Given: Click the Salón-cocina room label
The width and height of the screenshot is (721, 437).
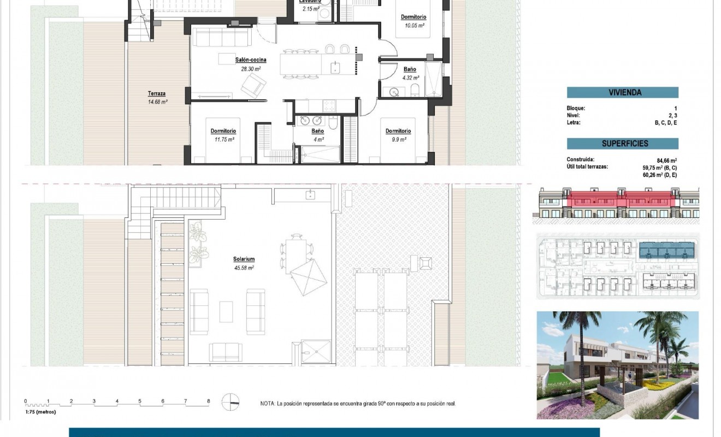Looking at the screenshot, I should click(251, 60).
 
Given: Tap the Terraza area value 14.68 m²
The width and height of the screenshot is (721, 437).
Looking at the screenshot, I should click(157, 102).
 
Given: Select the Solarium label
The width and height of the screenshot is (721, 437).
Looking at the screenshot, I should click(244, 259).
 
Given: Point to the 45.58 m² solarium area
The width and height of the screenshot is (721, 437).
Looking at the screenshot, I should click(244, 268).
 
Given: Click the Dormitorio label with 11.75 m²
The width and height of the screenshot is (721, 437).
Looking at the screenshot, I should click(223, 131).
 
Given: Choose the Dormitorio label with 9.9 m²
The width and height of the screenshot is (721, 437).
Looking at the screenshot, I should click(398, 131).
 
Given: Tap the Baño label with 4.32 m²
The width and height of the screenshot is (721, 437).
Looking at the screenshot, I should click(410, 69).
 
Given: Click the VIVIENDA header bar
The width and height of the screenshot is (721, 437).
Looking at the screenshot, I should click(622, 93).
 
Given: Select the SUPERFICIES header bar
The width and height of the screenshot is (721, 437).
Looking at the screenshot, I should click(622, 144).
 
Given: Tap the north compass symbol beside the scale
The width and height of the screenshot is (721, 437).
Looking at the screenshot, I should click(231, 401).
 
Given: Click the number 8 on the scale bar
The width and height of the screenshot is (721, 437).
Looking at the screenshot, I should click(208, 401).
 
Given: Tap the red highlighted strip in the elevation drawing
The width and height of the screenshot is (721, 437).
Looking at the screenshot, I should click(622, 200).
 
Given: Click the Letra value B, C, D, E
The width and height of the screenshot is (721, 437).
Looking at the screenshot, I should click(666, 123).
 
